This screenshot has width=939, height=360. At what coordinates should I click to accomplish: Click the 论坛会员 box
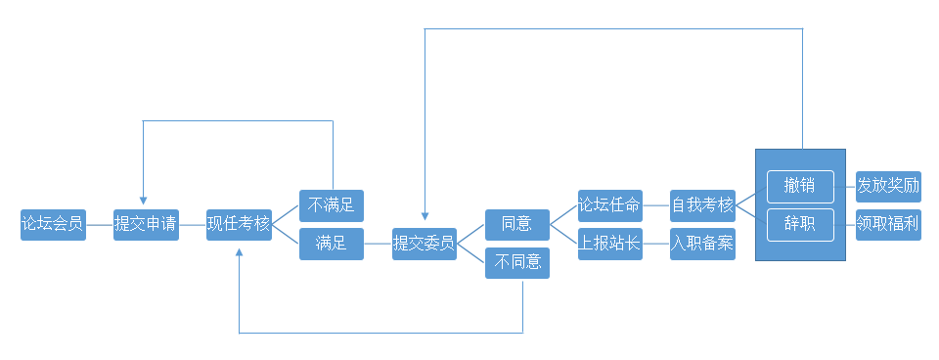pos(53,224)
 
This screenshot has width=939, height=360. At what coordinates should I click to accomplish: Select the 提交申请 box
pos(146,224)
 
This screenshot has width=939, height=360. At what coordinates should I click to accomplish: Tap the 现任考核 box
pos(239,224)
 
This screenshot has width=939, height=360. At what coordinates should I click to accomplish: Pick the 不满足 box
pos(332,205)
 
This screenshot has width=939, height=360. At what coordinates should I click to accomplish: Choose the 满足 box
pos(332,244)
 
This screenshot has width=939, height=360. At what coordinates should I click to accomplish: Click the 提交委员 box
pos(425,244)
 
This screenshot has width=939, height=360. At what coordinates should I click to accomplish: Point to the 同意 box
pos(517,224)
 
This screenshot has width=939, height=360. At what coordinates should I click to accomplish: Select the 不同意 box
pos(517,262)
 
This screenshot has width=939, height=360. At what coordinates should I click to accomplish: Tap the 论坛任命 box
pos(609,205)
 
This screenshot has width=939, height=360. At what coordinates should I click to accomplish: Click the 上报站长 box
pos(609,244)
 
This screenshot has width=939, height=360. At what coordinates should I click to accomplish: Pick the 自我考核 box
pos(702,205)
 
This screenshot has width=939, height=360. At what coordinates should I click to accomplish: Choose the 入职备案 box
pos(702,244)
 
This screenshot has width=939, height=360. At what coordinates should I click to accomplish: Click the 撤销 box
pos(800,186)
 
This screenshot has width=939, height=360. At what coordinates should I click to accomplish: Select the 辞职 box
pos(800,224)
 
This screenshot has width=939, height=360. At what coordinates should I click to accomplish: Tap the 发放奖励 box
pos(888,186)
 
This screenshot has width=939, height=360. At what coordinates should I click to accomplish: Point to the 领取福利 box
pos(888,224)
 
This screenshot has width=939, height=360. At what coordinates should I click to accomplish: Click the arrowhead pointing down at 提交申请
pos(144,202)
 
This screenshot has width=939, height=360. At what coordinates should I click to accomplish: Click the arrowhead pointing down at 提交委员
pos(425,220)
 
